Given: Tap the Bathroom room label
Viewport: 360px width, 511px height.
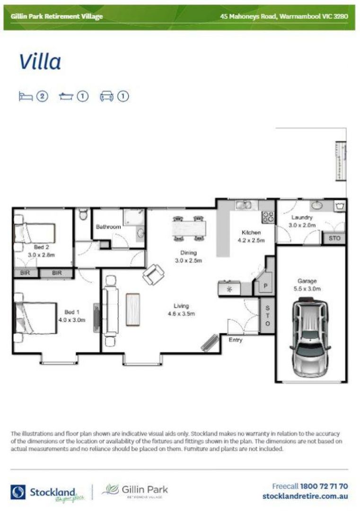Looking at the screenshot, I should (108, 227).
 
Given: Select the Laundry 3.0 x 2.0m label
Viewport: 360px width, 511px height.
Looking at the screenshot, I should (301, 221).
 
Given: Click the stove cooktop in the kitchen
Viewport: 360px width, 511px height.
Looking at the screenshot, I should (268, 217).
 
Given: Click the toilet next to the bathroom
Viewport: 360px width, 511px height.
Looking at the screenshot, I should (83, 215).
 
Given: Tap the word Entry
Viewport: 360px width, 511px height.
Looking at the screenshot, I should (235, 340).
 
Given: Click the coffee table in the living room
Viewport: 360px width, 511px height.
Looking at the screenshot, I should (133, 309).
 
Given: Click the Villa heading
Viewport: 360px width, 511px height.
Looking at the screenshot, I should (40, 62).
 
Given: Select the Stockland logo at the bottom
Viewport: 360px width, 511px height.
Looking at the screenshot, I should (43, 492).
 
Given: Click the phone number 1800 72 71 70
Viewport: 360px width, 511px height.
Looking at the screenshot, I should (324, 486).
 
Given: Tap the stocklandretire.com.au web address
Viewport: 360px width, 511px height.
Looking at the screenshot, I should (305, 496).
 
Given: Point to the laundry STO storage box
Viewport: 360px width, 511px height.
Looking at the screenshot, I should (334, 238).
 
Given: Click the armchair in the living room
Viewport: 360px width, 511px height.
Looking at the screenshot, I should (154, 274).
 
